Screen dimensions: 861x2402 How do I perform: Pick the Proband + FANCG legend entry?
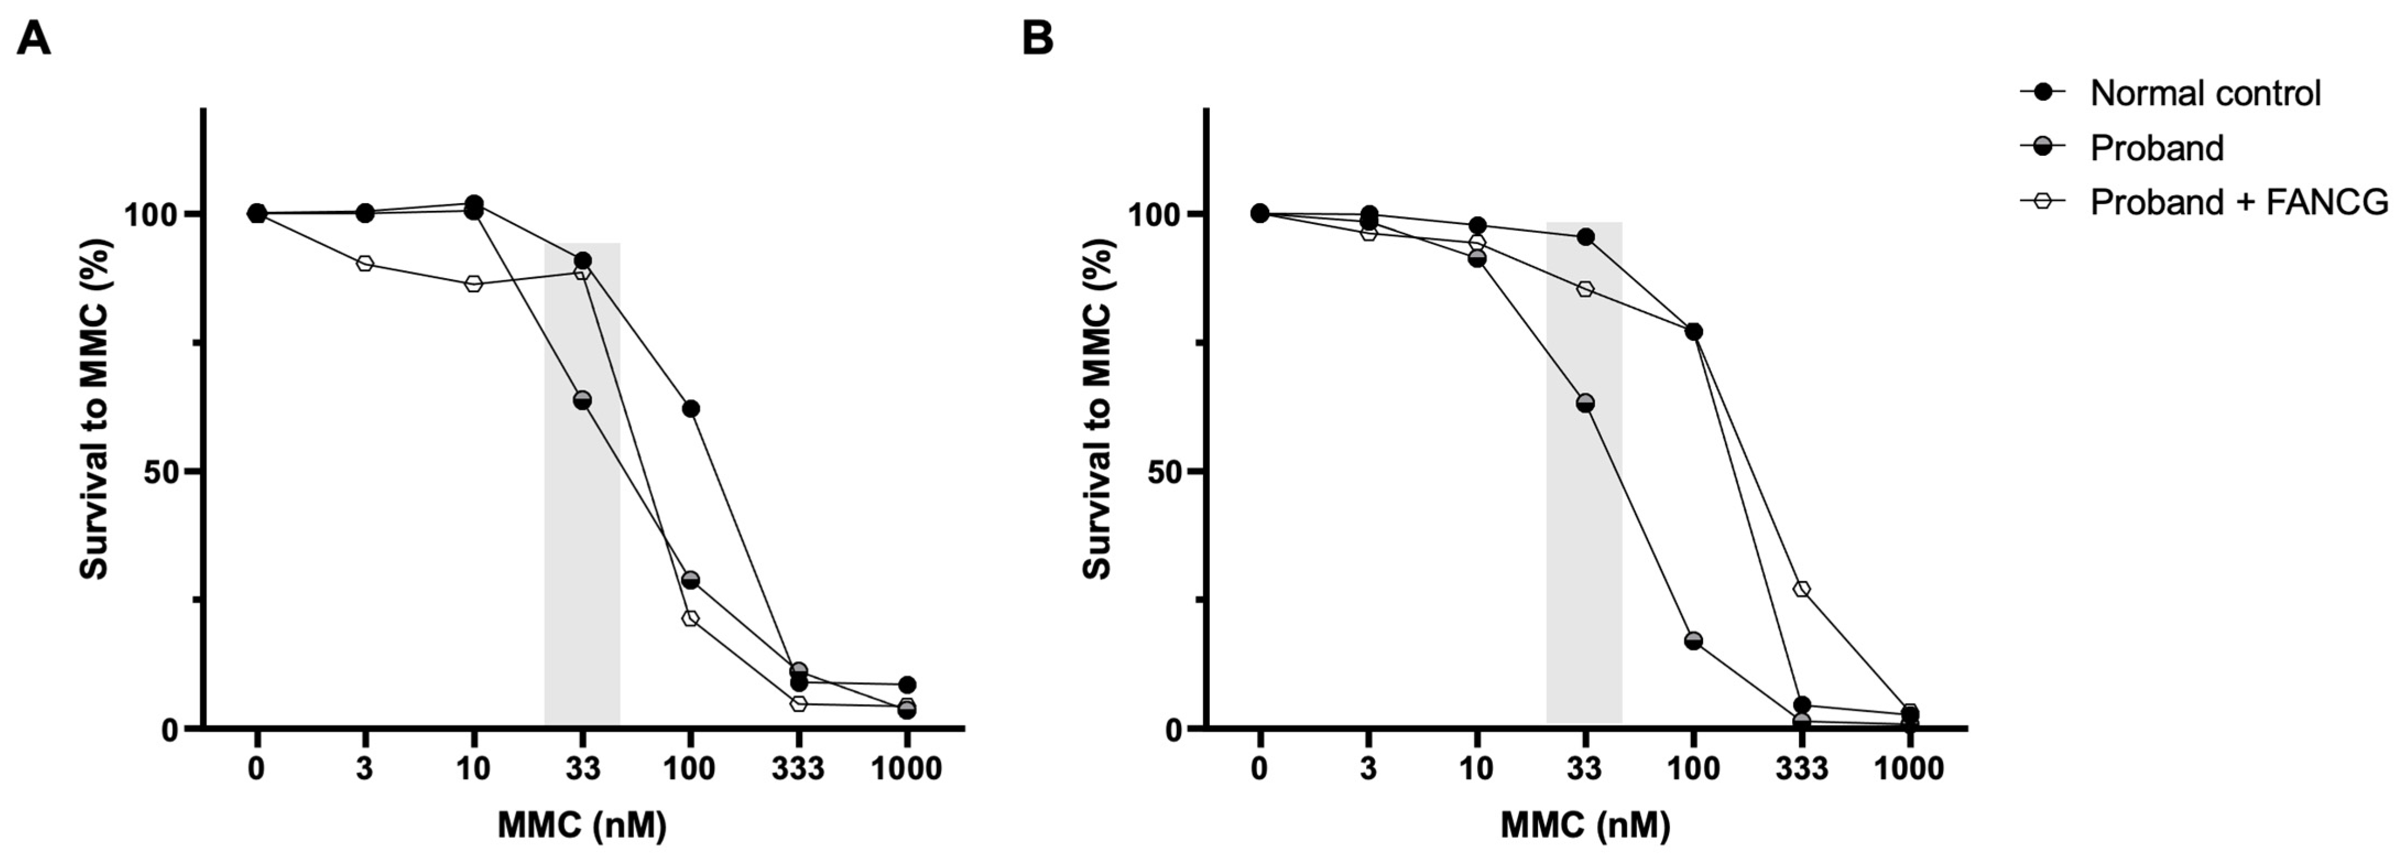(x=2238, y=201)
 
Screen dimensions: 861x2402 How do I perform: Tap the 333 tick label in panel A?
(x=798, y=770)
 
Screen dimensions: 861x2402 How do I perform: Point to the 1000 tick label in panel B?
(x=1909, y=770)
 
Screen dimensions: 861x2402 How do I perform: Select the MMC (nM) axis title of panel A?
(x=582, y=826)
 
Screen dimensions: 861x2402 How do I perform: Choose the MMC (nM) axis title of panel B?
(x=1585, y=826)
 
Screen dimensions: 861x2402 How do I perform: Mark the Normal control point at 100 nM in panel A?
(x=691, y=408)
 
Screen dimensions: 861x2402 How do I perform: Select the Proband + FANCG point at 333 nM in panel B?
(x=1802, y=588)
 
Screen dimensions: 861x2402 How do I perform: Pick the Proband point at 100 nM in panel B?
(x=1693, y=640)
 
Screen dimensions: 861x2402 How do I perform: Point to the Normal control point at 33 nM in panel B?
(x=1585, y=237)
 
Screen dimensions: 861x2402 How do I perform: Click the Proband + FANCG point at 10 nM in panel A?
(x=474, y=284)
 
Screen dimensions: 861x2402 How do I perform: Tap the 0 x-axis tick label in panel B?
(x=1260, y=770)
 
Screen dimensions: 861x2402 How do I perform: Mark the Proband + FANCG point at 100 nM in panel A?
(x=691, y=618)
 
